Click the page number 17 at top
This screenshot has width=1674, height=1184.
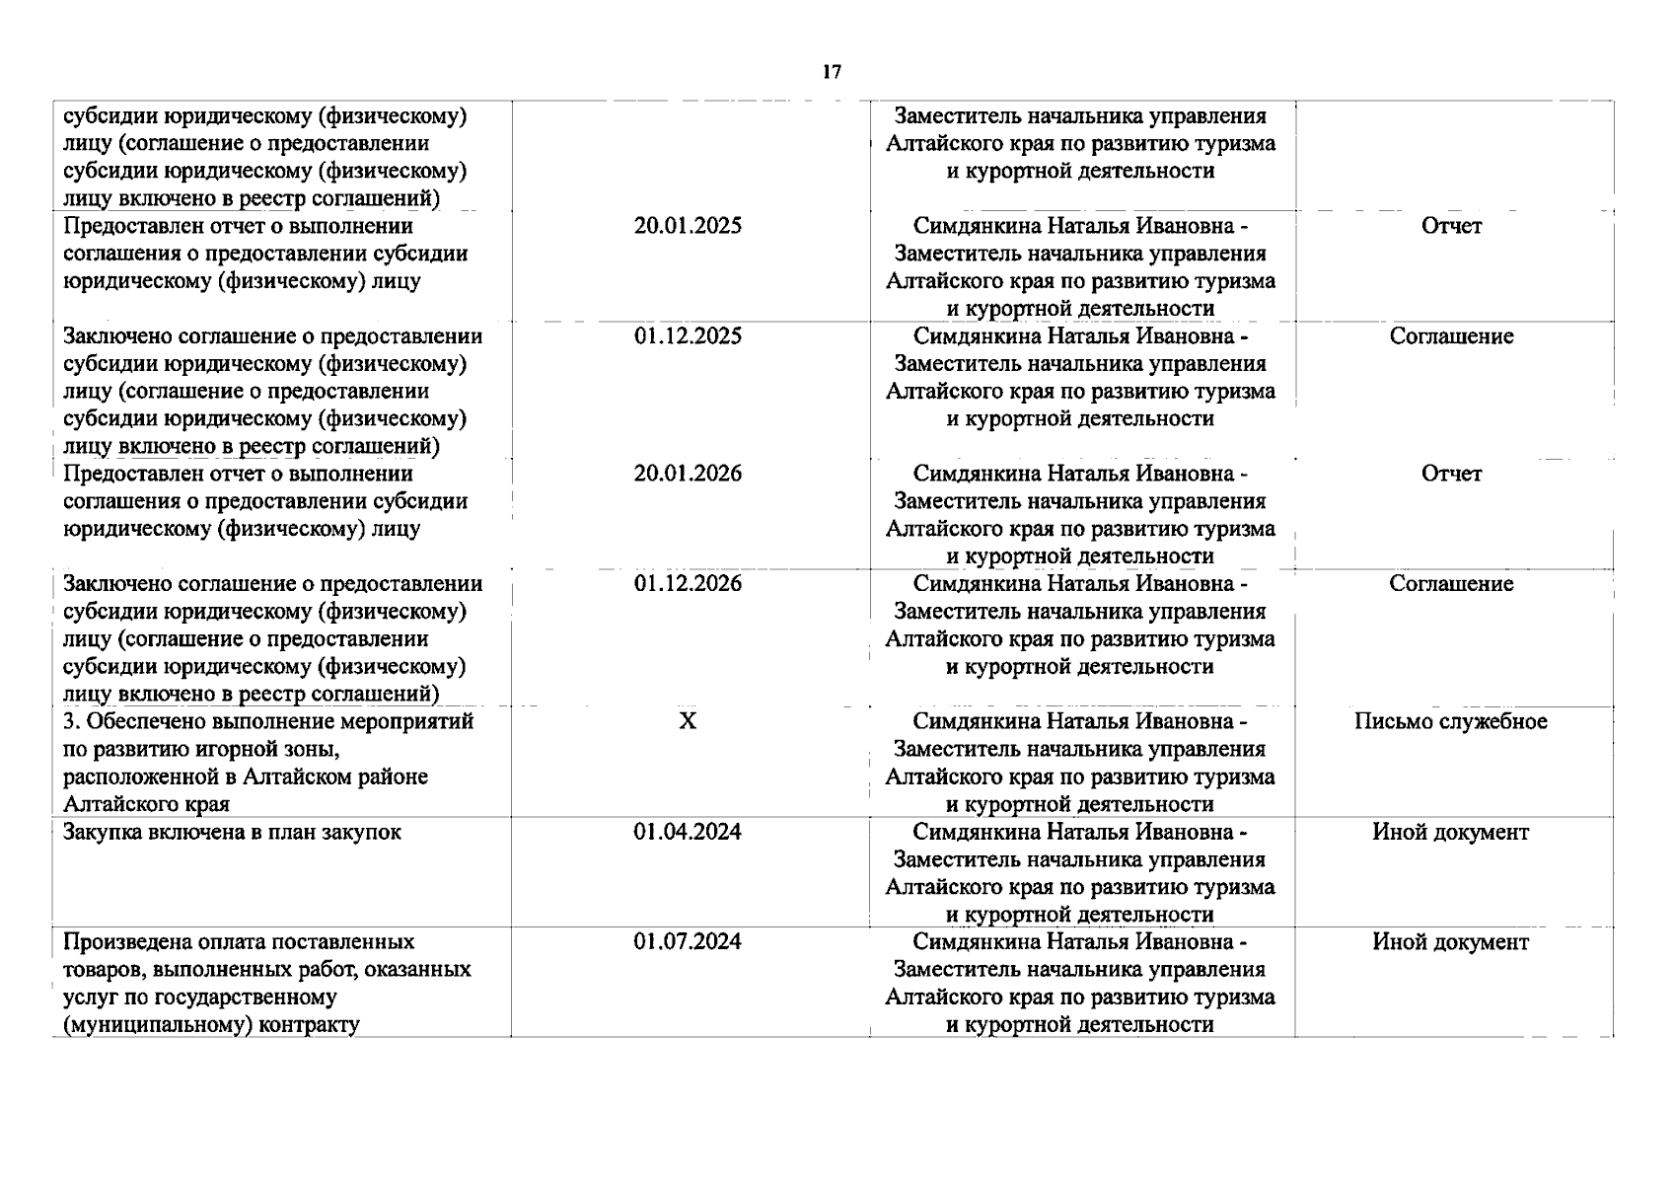(832, 72)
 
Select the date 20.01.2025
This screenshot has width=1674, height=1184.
(688, 226)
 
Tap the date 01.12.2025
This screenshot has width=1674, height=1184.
(688, 336)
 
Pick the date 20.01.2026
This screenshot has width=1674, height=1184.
(688, 474)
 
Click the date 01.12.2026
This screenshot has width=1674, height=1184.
(688, 584)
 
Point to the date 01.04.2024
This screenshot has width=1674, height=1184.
(688, 832)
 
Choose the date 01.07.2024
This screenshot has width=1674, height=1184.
(688, 942)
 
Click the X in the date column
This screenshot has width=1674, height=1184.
(688, 721)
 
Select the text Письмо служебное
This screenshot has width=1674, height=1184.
(1450, 721)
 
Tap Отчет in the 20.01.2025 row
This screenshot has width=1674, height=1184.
(1451, 226)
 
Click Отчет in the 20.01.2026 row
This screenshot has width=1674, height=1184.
(1451, 474)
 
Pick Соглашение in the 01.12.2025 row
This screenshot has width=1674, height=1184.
(1451, 336)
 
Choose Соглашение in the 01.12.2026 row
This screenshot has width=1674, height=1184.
(1451, 584)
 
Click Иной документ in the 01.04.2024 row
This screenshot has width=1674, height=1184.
(1450, 832)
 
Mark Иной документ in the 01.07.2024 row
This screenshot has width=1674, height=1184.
(1450, 942)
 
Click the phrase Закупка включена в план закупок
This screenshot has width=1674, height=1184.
(232, 832)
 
